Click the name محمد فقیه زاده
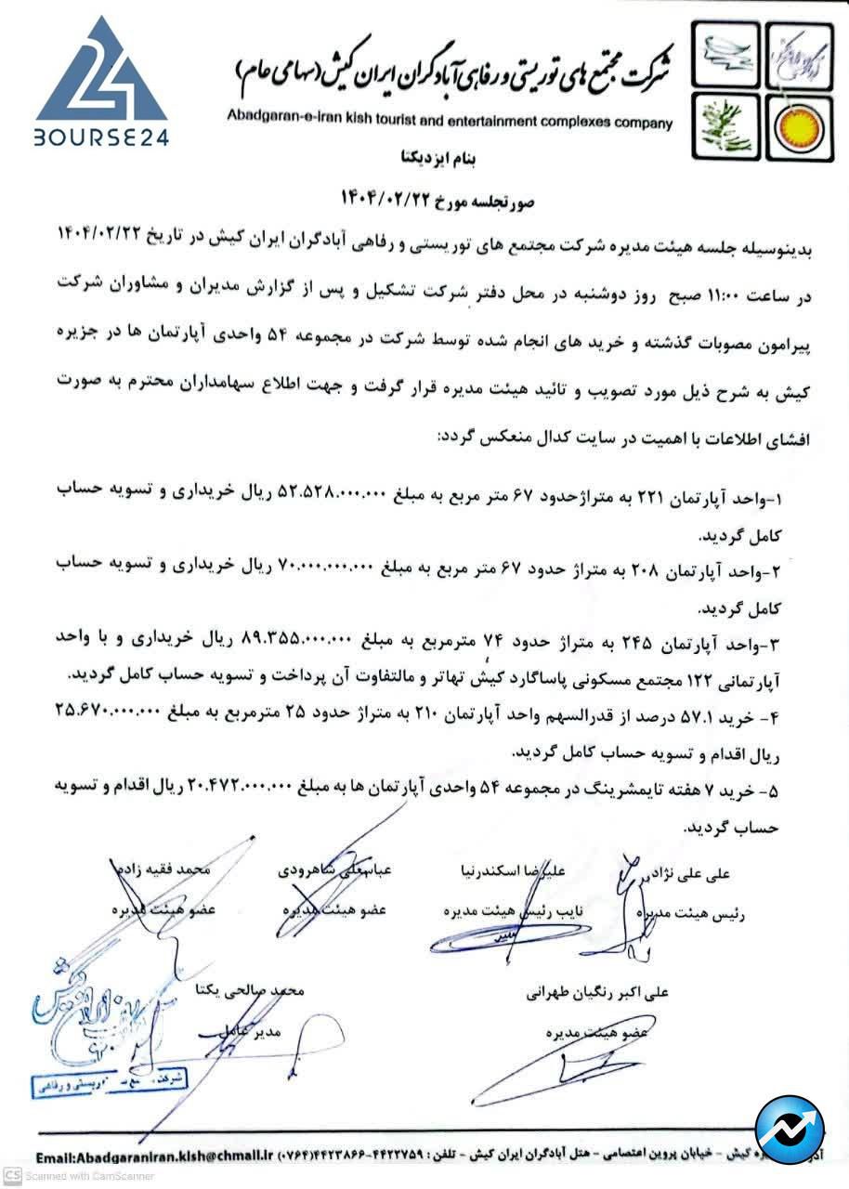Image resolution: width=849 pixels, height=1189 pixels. tap(163, 871)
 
